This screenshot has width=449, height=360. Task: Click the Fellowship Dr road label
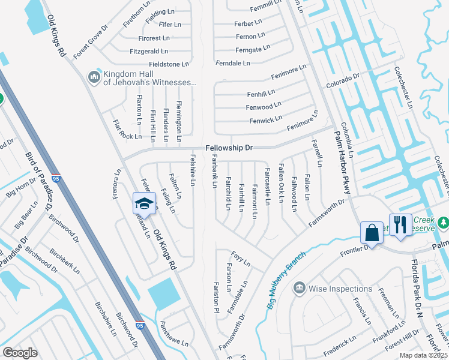pyautogui.click(x=229, y=148)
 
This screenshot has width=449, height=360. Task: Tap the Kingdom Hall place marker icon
pyautogui.click(x=93, y=77)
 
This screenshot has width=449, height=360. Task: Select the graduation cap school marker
pyautogui.click(x=144, y=202)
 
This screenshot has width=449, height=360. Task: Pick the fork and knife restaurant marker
pyautogui.click(x=400, y=224)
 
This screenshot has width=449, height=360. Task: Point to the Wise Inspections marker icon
pyautogui.click(x=298, y=289)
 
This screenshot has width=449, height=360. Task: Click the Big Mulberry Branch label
pyautogui.click(x=285, y=277)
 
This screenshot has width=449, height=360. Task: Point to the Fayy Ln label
pyautogui.click(x=241, y=260)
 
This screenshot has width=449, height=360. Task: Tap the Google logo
pyautogui.click(x=20, y=353)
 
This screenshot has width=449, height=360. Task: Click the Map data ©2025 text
pyautogui.click(x=424, y=355)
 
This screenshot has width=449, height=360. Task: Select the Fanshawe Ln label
pyautogui.click(x=173, y=335)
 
